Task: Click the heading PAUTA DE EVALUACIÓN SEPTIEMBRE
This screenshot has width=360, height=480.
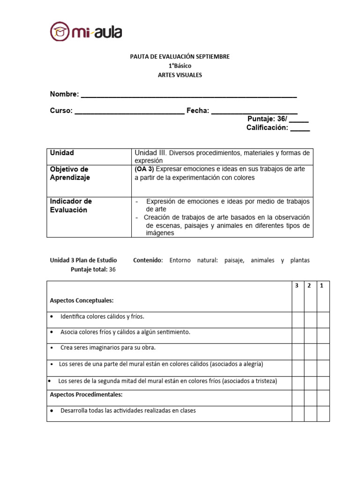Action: coord(180,57)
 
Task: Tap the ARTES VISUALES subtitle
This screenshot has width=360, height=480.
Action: coord(180,75)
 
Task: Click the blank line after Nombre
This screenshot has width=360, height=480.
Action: coord(188,96)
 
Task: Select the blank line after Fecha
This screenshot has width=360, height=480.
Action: coord(254,112)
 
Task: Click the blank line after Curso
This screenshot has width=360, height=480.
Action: coord(129,112)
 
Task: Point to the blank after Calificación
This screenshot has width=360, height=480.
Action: coord(300,128)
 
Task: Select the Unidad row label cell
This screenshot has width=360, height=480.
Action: coord(62,153)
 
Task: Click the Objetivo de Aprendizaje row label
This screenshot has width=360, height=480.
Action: coord(69,173)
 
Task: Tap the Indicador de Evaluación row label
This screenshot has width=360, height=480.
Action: coord(71,206)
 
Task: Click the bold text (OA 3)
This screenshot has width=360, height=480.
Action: coord(144,169)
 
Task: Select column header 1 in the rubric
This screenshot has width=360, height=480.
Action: coord(322,285)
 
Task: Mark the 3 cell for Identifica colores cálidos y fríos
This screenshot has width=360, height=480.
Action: coord(298,320)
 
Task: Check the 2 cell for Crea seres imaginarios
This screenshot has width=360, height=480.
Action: coord(310,351)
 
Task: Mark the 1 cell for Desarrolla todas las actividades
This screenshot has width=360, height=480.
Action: coord(323,413)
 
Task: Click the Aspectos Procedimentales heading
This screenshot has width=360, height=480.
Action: coord(86,395)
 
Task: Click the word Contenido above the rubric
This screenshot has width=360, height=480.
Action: coord(148,260)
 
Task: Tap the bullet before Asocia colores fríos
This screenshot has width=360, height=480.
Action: coord(52,332)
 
